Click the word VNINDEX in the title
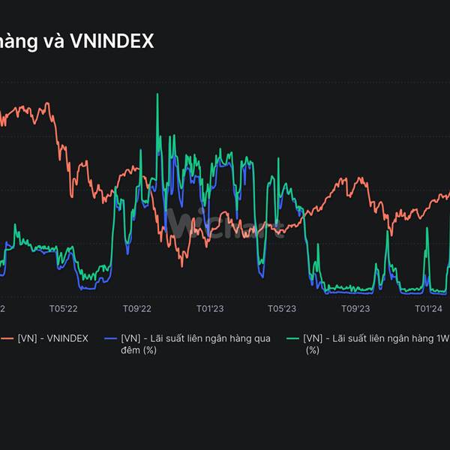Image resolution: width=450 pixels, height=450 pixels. coord(112,41)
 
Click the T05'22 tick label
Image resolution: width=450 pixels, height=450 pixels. coord(64,308)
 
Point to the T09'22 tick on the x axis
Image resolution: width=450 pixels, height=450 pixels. coord(137,308)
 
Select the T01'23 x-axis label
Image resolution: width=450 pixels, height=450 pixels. coord(210,308)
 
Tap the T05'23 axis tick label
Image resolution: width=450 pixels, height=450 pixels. coord(282,308)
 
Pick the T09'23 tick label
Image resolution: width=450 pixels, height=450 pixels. coord(355,308)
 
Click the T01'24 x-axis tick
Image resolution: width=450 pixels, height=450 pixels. coord(428,308)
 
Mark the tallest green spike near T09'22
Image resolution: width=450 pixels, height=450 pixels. coord(157,94)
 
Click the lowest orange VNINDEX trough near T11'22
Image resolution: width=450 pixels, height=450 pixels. coord(182,265)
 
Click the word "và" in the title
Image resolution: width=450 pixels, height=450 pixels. coord(53,41)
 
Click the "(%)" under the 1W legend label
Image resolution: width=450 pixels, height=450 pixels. coord(312,349)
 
